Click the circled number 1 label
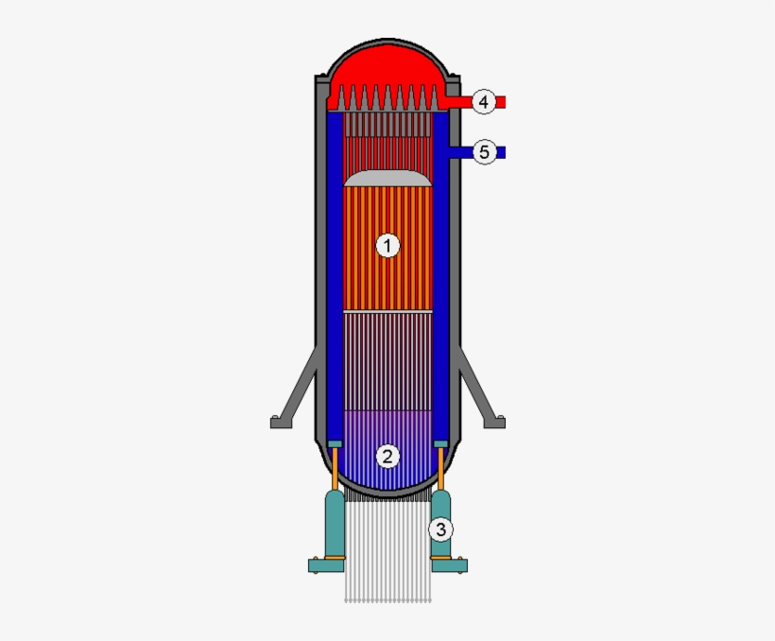point(387,246)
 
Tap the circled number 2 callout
point(387,457)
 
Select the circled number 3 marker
point(440,529)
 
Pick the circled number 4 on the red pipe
point(484,101)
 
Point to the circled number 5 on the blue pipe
point(484,151)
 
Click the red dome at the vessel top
point(387,66)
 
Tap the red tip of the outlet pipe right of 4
point(502,101)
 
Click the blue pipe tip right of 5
point(502,151)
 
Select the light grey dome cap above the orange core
point(387,178)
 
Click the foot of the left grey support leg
point(281,423)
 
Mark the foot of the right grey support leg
point(494,423)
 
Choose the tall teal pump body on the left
point(335,525)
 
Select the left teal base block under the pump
point(326,565)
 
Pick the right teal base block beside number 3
point(449,565)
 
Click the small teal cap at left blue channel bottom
point(334,444)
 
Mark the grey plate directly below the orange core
point(387,311)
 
